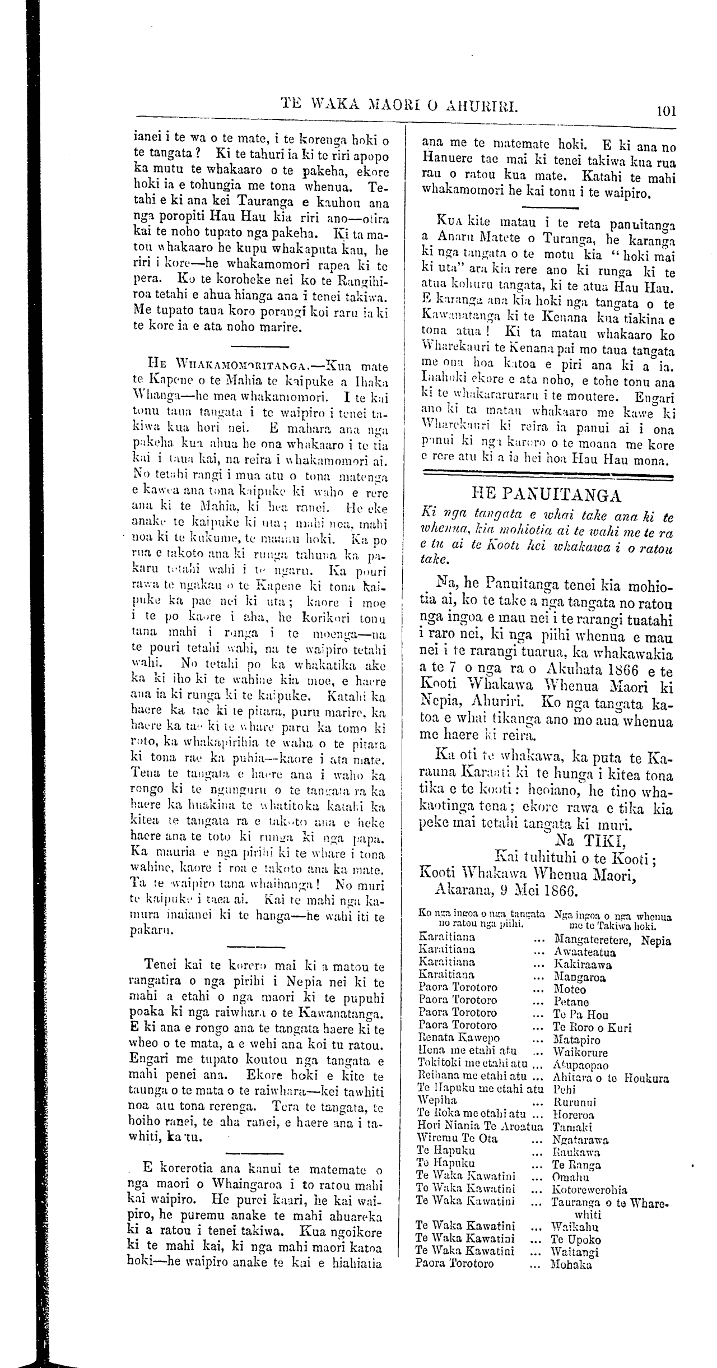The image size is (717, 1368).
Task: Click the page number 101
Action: [x=666, y=110]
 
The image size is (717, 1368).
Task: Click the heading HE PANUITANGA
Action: [x=547, y=496]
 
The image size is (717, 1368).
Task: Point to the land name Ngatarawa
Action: [x=580, y=1124]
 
